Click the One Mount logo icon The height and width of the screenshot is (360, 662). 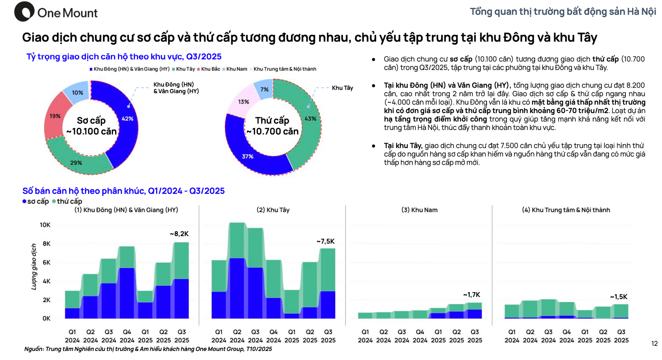pyautogui.click(x=24, y=12)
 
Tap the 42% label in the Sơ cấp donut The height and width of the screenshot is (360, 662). pyautogui.click(x=127, y=119)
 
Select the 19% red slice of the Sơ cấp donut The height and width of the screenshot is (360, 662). pyautogui.click(x=54, y=116)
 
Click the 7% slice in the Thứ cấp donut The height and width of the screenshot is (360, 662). pyautogui.click(x=264, y=89)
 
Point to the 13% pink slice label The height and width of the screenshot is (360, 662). pyautogui.click(x=243, y=102)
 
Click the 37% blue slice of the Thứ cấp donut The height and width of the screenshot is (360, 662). pyautogui.click(x=248, y=156)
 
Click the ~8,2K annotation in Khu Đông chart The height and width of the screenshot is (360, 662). pyautogui.click(x=179, y=234)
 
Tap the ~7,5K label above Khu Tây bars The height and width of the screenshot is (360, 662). pyautogui.click(x=325, y=241)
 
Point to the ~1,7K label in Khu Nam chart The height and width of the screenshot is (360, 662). pyautogui.click(x=472, y=295)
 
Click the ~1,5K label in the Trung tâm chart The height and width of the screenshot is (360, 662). pyautogui.click(x=619, y=297)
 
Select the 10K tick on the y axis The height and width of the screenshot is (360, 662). pyautogui.click(x=45, y=225)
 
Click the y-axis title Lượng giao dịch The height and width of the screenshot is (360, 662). pyautogui.click(x=34, y=267)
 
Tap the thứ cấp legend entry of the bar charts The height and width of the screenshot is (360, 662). pyautogui.click(x=68, y=201)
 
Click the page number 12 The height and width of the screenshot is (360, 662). pyautogui.click(x=654, y=343)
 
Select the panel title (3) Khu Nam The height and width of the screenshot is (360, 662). pyautogui.click(x=419, y=210)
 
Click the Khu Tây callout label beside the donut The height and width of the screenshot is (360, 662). pyautogui.click(x=342, y=88)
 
